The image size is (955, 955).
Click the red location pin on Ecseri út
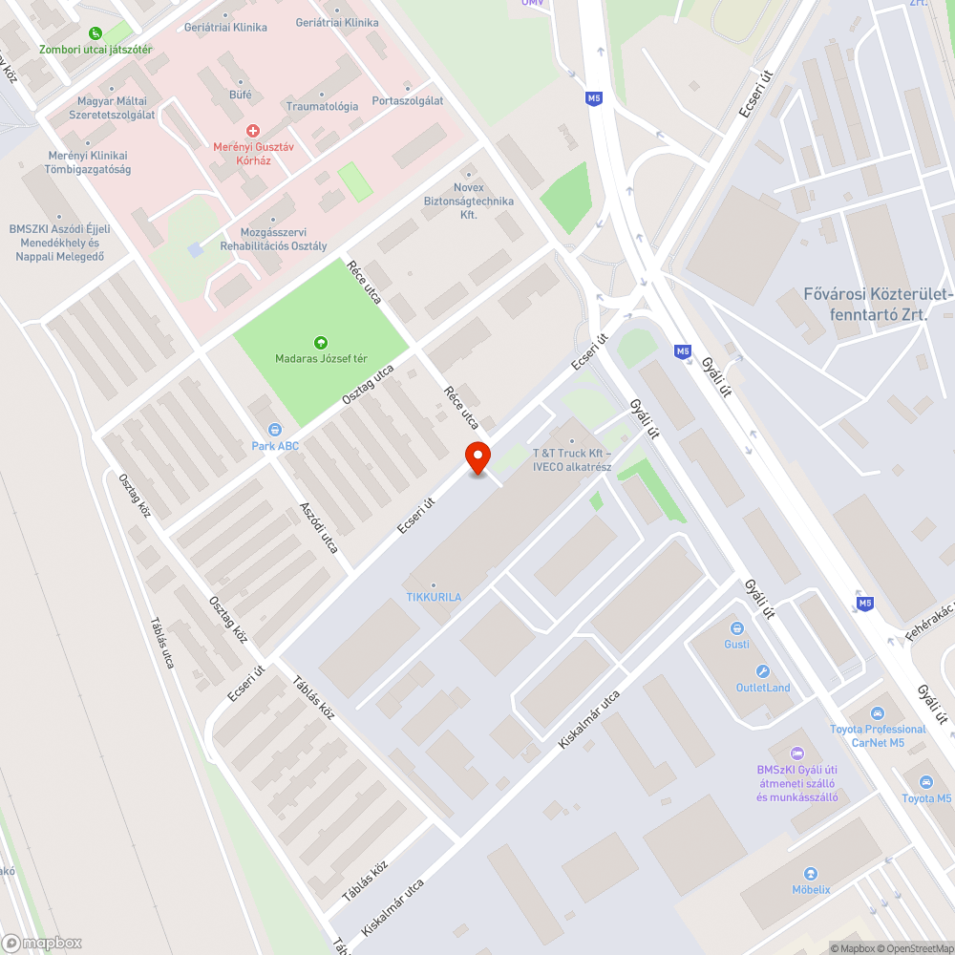click(x=477, y=457)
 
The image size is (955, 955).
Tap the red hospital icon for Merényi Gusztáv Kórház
click(x=252, y=129)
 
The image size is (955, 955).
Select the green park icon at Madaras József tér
click(x=321, y=342)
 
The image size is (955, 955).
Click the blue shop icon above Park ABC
click(x=275, y=430)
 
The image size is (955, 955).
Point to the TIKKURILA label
click(x=434, y=597)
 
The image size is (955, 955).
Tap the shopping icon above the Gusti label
click(x=736, y=627)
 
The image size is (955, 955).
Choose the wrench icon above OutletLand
click(x=762, y=671)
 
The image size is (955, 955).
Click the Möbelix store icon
click(x=811, y=873)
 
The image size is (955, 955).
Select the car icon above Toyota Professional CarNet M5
click(x=878, y=713)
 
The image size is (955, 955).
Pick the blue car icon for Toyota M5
click(x=925, y=782)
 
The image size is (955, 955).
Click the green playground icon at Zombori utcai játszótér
click(x=95, y=33)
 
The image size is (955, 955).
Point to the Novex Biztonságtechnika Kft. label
click(x=469, y=202)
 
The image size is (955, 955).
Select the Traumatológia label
click(x=322, y=106)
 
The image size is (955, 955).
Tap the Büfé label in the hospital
click(x=241, y=95)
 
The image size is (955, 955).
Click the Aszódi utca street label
click(x=318, y=527)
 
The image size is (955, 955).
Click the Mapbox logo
click(x=43, y=943)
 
